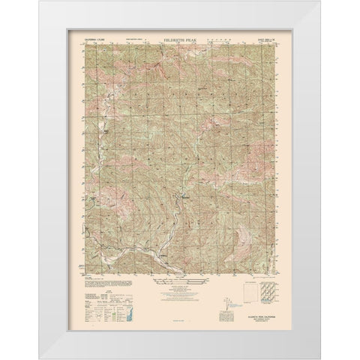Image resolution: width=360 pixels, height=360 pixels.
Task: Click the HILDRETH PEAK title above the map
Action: pos(180,34)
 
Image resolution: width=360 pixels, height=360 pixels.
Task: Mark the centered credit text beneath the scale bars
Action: pos(180,298)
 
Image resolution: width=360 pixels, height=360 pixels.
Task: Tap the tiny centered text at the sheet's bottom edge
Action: pos(180,324)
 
